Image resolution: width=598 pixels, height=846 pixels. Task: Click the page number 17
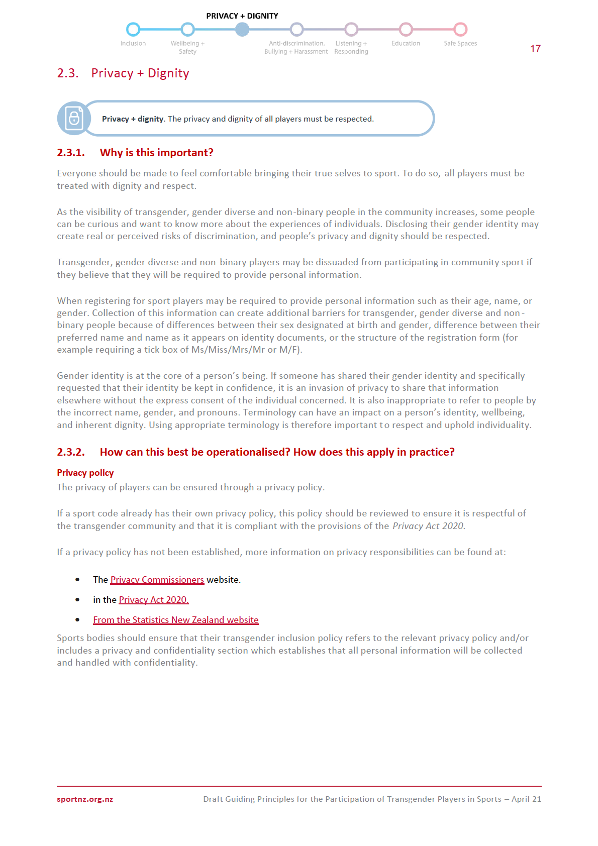click(535, 49)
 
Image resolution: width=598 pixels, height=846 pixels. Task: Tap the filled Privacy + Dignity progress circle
click(242, 30)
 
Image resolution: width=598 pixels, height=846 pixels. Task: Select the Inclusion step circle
click(133, 30)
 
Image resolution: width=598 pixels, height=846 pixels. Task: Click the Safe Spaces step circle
click(460, 30)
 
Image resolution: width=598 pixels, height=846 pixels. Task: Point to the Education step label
click(406, 44)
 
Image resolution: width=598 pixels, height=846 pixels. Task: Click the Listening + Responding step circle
click(351, 30)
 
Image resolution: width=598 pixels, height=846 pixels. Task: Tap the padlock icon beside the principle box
click(74, 119)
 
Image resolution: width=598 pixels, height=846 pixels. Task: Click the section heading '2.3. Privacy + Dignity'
click(123, 73)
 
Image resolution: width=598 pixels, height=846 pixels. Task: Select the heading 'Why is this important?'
click(156, 153)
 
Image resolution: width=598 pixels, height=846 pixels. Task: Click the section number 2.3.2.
click(71, 452)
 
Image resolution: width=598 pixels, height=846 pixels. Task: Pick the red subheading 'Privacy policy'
click(85, 473)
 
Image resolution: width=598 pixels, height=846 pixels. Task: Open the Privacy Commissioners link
click(157, 580)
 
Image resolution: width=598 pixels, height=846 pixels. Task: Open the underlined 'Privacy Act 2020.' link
click(154, 600)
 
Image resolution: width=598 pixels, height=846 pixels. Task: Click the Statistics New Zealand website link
click(176, 620)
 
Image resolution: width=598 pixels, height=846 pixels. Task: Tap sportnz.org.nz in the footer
click(85, 799)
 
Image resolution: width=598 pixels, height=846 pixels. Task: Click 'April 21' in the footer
click(526, 799)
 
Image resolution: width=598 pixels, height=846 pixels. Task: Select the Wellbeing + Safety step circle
click(187, 30)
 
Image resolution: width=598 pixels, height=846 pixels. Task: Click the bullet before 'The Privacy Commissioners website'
click(77, 580)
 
